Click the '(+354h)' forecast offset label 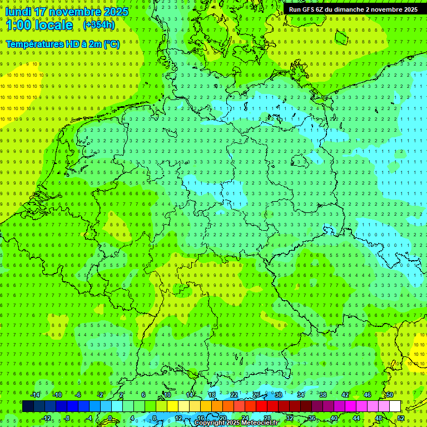99,25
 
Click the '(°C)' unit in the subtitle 112,44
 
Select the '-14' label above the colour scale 36,395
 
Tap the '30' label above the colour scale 278,395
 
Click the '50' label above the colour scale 389,395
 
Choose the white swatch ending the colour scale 395,406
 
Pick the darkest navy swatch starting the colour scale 28,406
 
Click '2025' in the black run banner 410,9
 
